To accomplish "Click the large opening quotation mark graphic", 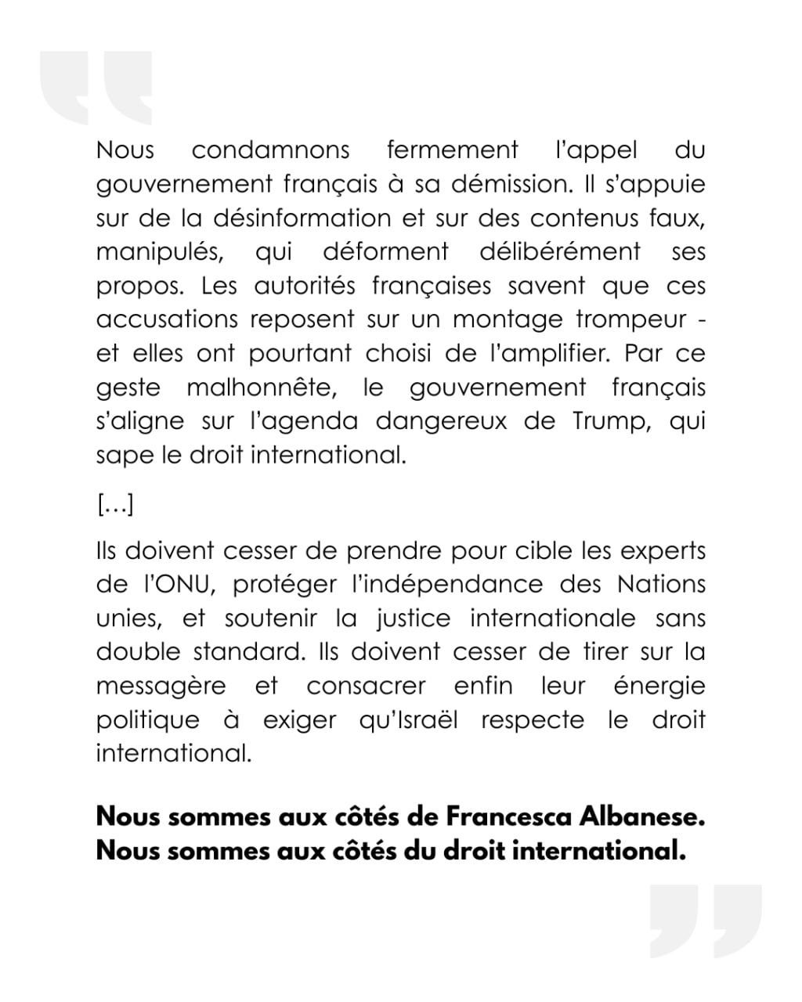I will [x=96, y=88].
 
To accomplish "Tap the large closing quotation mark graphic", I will [x=705, y=921].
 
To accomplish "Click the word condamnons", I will [x=270, y=150].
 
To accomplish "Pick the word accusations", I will [x=167, y=319].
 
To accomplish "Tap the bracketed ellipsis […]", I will [x=115, y=506].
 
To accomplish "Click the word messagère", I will [x=161, y=687].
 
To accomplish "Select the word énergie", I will [x=659, y=687].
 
